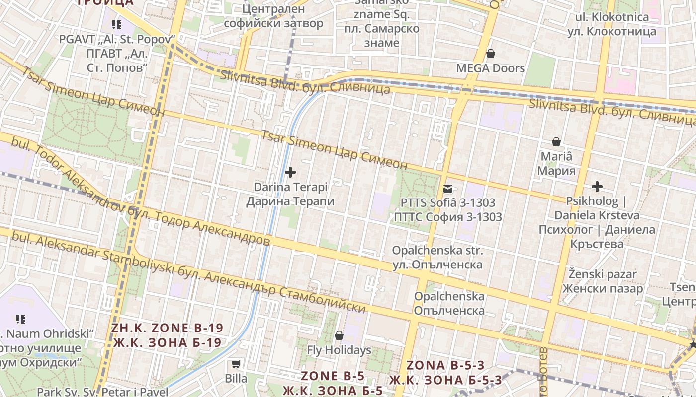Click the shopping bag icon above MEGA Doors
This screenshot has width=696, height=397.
(491, 54)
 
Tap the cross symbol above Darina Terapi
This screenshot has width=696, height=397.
(290, 172)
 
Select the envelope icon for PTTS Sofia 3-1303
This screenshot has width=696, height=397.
(448, 188)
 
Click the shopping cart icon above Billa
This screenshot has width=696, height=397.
(236, 364)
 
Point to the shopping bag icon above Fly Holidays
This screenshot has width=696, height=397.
(339, 336)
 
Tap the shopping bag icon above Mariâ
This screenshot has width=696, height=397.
(556, 142)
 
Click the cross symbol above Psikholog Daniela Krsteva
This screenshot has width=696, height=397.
(597, 187)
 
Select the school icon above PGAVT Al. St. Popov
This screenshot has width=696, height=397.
(117, 24)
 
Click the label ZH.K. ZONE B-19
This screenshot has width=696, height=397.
(167, 329)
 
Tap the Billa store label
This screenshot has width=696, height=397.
(236, 379)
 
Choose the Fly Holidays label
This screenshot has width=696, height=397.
(339, 350)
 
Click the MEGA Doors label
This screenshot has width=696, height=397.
(491, 68)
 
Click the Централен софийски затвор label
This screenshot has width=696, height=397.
(273, 16)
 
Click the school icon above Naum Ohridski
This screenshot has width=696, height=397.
(21, 319)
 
